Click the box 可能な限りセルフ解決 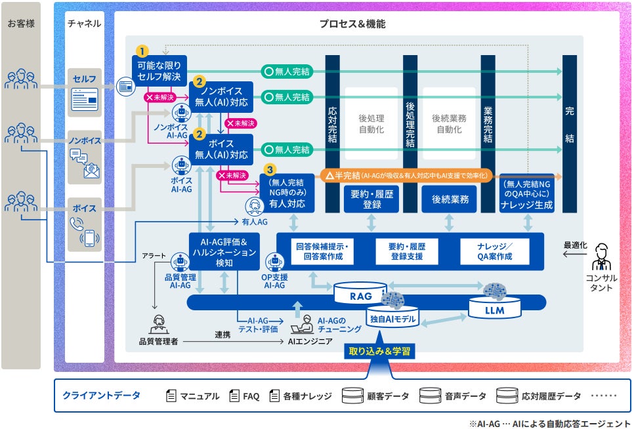[x=159, y=70]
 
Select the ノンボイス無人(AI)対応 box [x=221, y=97]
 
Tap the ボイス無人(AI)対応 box [x=221, y=150]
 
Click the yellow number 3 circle [x=270, y=170]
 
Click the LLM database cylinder [x=495, y=308]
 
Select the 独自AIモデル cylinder [x=392, y=317]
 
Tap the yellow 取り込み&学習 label [x=379, y=351]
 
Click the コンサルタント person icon [x=601, y=257]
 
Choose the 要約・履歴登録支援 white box [x=407, y=251]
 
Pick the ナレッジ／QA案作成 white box [x=495, y=251]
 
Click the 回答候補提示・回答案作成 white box [x=322, y=251]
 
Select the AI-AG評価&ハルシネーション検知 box [x=224, y=252]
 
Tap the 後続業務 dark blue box [x=450, y=199]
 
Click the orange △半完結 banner [x=406, y=176]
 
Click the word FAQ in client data [x=251, y=396]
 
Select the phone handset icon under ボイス [x=77, y=224]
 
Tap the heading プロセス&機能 [x=352, y=24]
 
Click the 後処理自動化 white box [x=371, y=123]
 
